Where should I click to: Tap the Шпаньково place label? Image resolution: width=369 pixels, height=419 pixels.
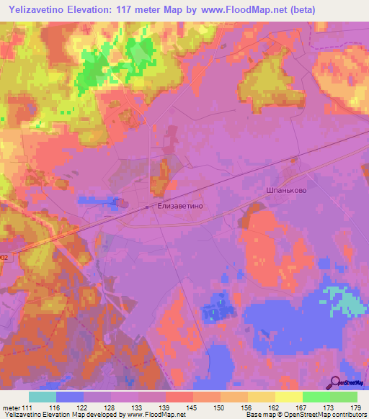284,190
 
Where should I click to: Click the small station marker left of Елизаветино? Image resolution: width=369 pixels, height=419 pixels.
146,207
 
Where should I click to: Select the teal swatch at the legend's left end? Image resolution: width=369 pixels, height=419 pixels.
43,397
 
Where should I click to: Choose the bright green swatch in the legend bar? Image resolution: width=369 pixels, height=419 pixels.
316,397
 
